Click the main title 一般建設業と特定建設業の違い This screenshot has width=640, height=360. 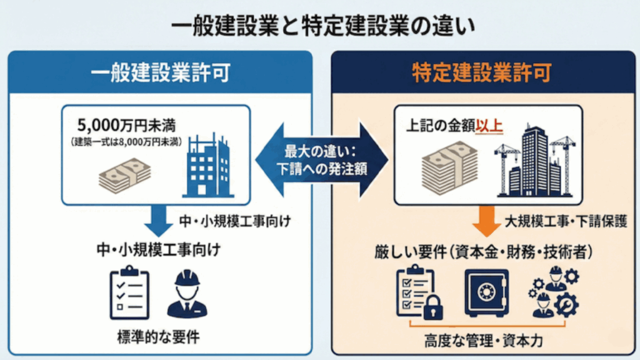319,27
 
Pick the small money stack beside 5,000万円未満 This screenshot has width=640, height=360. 125,174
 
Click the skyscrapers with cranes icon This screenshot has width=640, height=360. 534,163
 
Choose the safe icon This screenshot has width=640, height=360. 486,291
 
